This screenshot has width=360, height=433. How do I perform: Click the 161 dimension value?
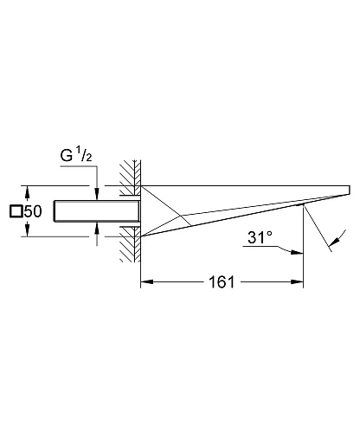pos(222,282)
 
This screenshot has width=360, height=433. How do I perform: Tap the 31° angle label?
pos(260,237)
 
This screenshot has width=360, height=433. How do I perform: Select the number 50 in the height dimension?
pos(33,211)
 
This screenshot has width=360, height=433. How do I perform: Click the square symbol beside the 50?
pos(16,211)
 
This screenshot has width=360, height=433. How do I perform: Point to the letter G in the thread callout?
pos(67,156)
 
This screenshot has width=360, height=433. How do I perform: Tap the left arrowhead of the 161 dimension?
pos(146,281)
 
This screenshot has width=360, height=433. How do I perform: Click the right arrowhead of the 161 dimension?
pos(297,281)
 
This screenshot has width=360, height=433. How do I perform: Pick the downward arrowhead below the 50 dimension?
pos(28,230)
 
